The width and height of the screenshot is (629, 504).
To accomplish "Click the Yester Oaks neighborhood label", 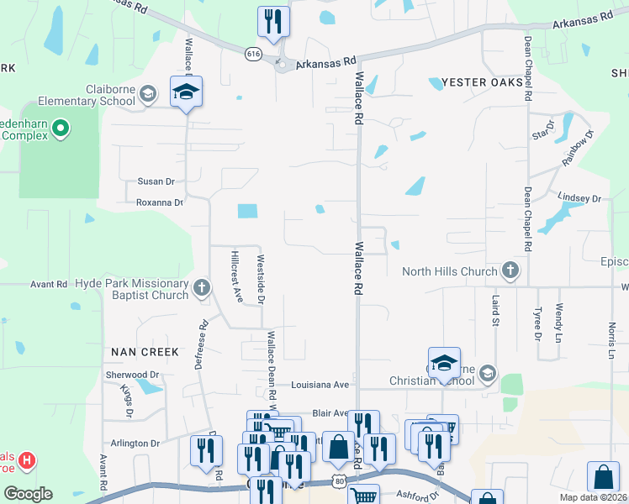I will click(475, 83).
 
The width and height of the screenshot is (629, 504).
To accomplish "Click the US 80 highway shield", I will click(338, 480).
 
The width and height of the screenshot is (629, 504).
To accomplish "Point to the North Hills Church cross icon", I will click(510, 270).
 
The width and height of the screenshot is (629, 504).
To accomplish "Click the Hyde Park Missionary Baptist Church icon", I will click(201, 288).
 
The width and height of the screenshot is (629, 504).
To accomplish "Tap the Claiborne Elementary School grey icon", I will click(148, 93).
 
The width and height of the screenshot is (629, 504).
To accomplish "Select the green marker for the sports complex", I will click(60, 129).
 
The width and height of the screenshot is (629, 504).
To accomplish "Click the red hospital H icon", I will click(28, 460).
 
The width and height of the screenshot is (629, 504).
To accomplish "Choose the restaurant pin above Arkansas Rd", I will click(272, 22).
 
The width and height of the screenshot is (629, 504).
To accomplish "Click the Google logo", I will click(28, 493).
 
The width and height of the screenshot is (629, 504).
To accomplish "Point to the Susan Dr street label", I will click(156, 181).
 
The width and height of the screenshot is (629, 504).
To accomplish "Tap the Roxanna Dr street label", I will click(159, 202).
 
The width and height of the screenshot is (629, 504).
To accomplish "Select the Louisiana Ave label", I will click(320, 385).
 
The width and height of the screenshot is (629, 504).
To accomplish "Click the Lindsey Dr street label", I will click(579, 199).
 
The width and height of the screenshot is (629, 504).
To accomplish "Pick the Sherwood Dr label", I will click(132, 375).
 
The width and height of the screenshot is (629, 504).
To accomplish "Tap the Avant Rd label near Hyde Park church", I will click(48, 285).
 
